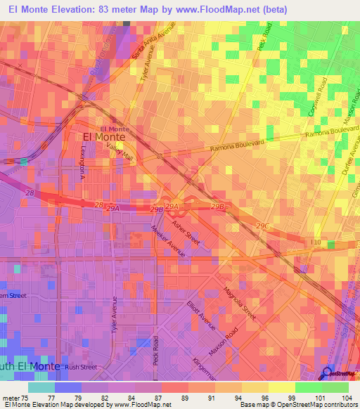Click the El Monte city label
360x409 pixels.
[100, 138]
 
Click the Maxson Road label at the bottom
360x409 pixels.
[226, 342]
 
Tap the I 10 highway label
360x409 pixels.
[316, 242]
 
